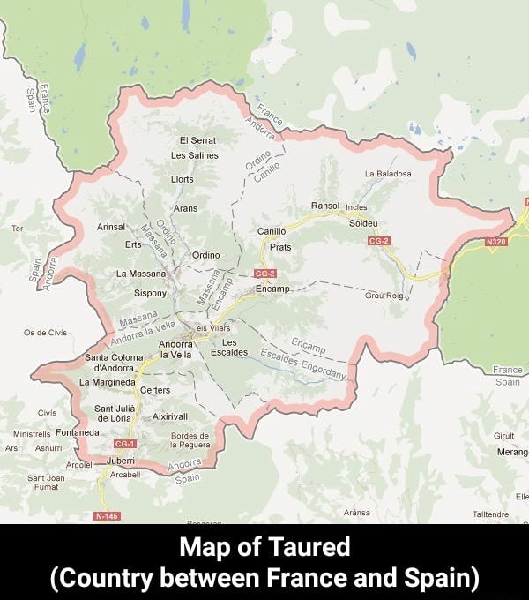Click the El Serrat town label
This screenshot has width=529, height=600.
[x=197, y=140]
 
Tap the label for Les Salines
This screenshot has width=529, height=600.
[x=195, y=155]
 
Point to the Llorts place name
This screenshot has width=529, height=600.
[x=183, y=179]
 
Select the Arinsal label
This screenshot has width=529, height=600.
[x=112, y=227]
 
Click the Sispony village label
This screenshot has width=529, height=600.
[x=150, y=292]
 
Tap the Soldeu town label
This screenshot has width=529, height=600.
[x=363, y=223]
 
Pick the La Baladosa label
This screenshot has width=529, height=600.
[x=387, y=174]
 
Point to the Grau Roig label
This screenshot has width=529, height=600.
[x=384, y=296]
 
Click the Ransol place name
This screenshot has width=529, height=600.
[x=325, y=206]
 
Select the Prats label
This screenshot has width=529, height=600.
[x=280, y=247]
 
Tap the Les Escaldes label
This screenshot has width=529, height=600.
[x=229, y=348]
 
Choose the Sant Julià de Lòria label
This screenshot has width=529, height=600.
[x=114, y=413]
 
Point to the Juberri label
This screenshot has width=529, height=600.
[x=120, y=461]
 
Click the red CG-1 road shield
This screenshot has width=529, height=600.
[x=124, y=444]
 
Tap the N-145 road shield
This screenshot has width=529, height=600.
[x=106, y=515]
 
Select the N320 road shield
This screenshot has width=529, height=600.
[x=496, y=241]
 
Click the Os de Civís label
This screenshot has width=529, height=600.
[x=46, y=333]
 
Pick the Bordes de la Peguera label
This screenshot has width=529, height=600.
[x=190, y=441]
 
